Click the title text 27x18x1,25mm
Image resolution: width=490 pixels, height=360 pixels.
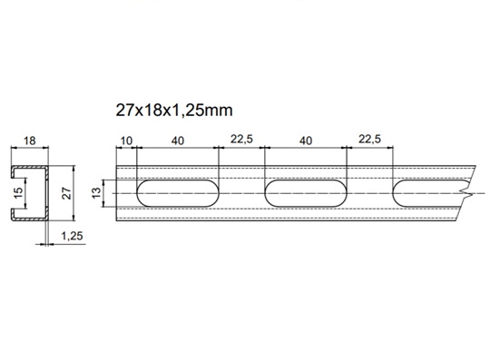pyautogui.click(x=174, y=111)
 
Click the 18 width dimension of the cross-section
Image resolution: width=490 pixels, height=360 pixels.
pyautogui.click(x=30, y=141)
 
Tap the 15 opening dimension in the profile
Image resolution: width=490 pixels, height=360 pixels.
pyautogui.click(x=19, y=192)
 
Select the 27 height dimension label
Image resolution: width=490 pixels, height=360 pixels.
pyautogui.click(x=67, y=193)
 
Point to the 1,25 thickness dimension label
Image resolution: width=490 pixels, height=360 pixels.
pyautogui.click(x=73, y=236)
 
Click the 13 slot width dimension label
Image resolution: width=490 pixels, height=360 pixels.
pyautogui.click(x=97, y=192)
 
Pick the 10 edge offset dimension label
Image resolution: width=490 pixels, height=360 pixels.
pyautogui.click(x=126, y=141)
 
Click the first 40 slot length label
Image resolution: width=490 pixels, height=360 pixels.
pyautogui.click(x=178, y=141)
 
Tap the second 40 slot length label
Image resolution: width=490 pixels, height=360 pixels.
pyautogui.click(x=306, y=141)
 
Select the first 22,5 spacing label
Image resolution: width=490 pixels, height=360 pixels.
pyautogui.click(x=241, y=140)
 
